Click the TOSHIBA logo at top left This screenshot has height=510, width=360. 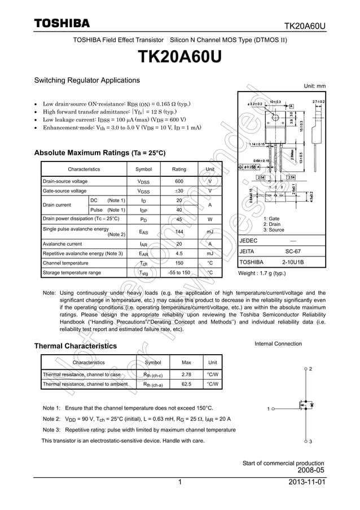[x=62, y=23]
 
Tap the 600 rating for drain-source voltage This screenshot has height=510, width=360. [x=179, y=181]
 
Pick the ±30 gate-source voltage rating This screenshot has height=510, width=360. [x=179, y=191]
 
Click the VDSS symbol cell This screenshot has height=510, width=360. [x=143, y=181]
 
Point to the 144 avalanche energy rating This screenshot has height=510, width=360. [x=179, y=232]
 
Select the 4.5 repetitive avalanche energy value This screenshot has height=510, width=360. [x=179, y=254]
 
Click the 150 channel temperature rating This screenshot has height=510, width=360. [x=179, y=263]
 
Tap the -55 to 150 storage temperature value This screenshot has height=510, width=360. [x=179, y=273]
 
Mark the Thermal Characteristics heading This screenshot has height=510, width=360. [x=76, y=346]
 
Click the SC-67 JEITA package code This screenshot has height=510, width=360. [x=293, y=251]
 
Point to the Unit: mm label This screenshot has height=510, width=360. [x=315, y=86]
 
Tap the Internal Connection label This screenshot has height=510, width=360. [x=278, y=343]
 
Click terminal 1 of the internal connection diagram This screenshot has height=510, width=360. [x=273, y=408]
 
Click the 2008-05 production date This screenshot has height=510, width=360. [x=310, y=470]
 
